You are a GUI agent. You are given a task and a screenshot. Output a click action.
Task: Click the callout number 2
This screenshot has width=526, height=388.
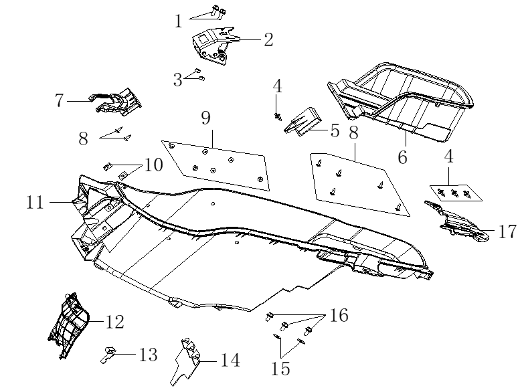[268, 39]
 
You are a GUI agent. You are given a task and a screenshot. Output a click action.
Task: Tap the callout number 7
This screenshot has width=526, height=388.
[60, 100]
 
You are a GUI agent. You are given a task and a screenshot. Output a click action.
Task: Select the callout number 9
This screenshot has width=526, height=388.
[206, 118]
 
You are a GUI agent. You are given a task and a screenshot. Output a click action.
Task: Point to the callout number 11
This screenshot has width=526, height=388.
[35, 202]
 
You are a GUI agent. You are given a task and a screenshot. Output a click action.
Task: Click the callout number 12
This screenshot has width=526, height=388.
[114, 322]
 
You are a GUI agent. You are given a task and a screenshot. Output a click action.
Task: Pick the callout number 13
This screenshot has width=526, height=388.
[148, 355]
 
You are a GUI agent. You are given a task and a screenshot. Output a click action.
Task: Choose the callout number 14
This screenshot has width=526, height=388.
[230, 361]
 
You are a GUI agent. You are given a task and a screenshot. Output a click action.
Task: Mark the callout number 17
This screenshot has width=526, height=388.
[507, 231]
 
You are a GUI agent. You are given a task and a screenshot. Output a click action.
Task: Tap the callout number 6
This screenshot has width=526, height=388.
[403, 157]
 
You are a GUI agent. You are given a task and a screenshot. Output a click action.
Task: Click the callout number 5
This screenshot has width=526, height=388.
[335, 130]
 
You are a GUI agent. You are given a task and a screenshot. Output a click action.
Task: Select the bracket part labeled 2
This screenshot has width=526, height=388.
[215, 46]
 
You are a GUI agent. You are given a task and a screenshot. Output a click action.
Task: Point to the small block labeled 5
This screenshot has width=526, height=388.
[302, 122]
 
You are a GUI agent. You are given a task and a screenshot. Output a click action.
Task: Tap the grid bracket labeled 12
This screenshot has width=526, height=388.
[69, 326]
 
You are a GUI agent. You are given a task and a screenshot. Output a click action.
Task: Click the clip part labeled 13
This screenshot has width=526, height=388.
[108, 355]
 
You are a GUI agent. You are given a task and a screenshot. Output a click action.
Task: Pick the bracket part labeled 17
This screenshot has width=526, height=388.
[458, 222]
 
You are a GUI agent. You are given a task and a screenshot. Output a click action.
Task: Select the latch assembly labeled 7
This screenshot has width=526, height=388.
[116, 102]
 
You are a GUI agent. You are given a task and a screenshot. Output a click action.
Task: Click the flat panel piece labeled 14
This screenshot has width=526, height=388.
[185, 361]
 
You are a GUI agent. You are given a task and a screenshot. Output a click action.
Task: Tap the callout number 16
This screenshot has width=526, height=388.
[339, 315]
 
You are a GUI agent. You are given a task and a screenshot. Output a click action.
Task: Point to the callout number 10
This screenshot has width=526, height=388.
[154, 165]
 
